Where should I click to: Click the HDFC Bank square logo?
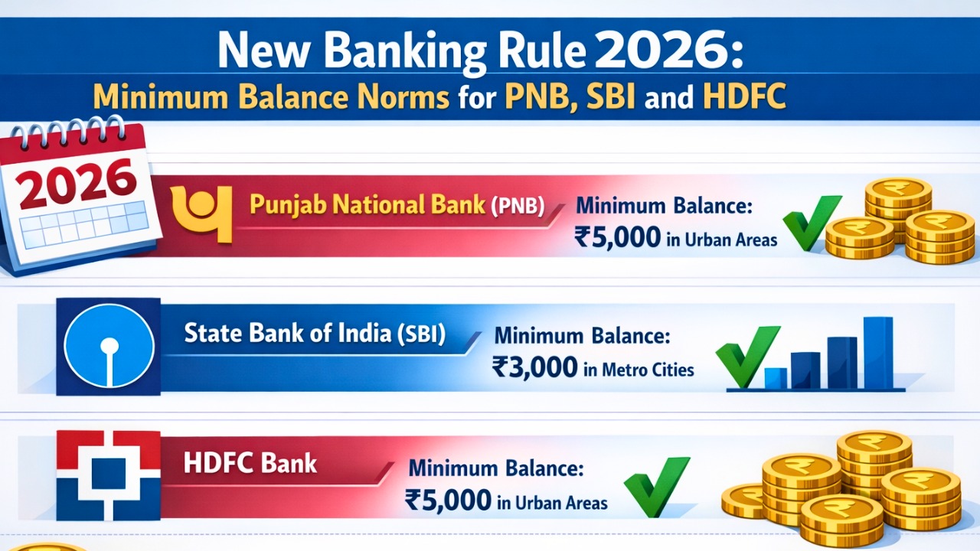(x=108, y=476)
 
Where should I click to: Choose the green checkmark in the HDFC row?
(x=656, y=487)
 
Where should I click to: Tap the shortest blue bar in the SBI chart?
(x=776, y=378)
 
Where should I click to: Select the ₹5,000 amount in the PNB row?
(x=616, y=237)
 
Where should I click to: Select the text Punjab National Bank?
(x=367, y=205)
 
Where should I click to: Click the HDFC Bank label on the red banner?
(x=250, y=463)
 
